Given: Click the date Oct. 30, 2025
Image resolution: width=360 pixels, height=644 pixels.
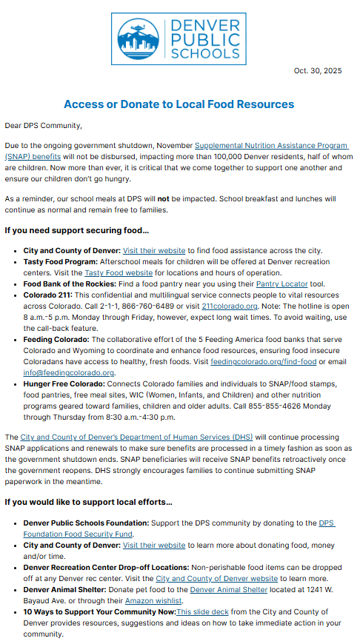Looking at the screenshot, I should (x=317, y=71).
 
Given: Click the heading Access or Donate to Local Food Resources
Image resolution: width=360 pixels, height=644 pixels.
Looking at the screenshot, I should (x=179, y=104).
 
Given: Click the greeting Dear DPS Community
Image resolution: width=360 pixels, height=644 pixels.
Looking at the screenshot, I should (x=43, y=126).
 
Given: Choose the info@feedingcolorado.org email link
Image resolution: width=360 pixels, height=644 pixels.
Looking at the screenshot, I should (x=69, y=372).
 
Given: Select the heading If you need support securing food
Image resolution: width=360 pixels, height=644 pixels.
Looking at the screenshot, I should (x=77, y=231).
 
